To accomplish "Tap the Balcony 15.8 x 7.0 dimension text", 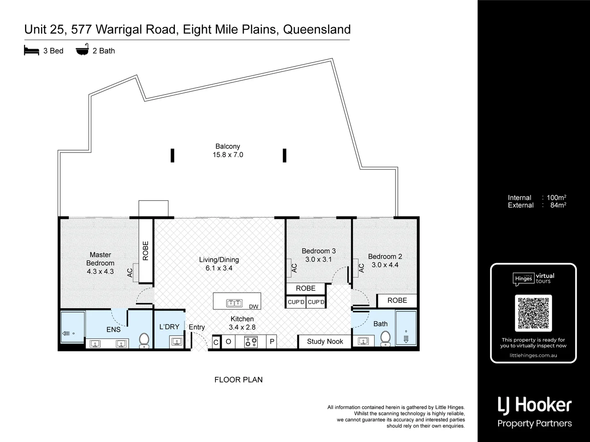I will (228, 155).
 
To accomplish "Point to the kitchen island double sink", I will (234, 303).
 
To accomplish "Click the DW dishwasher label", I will (254, 307).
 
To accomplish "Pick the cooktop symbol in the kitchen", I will (251, 342).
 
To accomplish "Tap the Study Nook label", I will (325, 341).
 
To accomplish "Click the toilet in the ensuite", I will (144, 340).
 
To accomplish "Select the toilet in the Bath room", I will (385, 338).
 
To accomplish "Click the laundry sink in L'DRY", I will (177, 341).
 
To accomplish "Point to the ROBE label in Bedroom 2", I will (397, 300).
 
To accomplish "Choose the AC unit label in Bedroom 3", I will (294, 268).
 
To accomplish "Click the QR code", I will (533, 313).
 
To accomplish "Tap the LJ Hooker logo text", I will (534, 405).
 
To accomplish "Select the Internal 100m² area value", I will (556, 198).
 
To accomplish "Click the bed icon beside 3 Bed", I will (32, 50).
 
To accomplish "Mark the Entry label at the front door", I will (197, 327).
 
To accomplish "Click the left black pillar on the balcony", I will (172, 156).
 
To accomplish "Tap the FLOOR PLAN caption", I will (238, 380).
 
